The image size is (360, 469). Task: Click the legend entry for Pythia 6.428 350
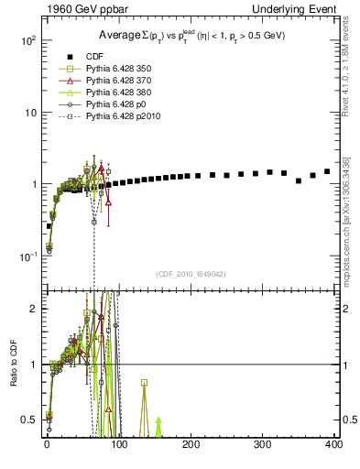(104, 69)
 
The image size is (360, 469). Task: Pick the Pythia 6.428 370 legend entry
(104, 81)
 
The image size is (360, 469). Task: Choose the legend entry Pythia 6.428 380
(104, 93)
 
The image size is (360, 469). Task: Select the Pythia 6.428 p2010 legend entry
(106, 116)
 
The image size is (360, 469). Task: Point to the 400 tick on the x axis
(333, 445)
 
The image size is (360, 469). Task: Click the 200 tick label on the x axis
(190, 445)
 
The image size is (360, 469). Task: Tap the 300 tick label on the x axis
(262, 445)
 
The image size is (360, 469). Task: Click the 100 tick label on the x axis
(118, 445)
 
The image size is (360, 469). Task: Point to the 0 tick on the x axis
(47, 445)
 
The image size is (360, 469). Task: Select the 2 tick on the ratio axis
(35, 309)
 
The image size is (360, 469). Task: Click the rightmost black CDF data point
(327, 171)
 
